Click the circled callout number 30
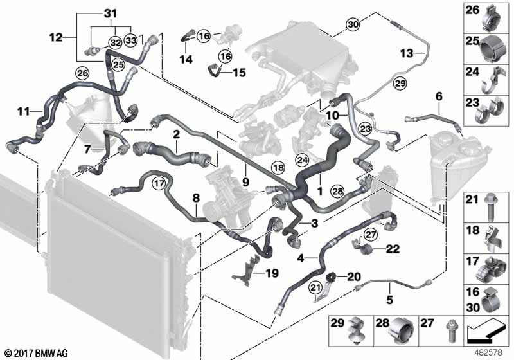353,24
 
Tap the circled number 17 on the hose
159,183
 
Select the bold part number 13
407,53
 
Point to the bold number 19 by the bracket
272,273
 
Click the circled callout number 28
338,191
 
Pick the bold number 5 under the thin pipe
390,300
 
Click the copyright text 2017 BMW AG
37,353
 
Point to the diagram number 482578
489,353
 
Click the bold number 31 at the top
111,14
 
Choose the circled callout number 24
302,160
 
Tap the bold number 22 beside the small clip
393,249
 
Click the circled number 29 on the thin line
400,84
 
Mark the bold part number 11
23,112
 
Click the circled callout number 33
131,40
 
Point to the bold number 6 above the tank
439,96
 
